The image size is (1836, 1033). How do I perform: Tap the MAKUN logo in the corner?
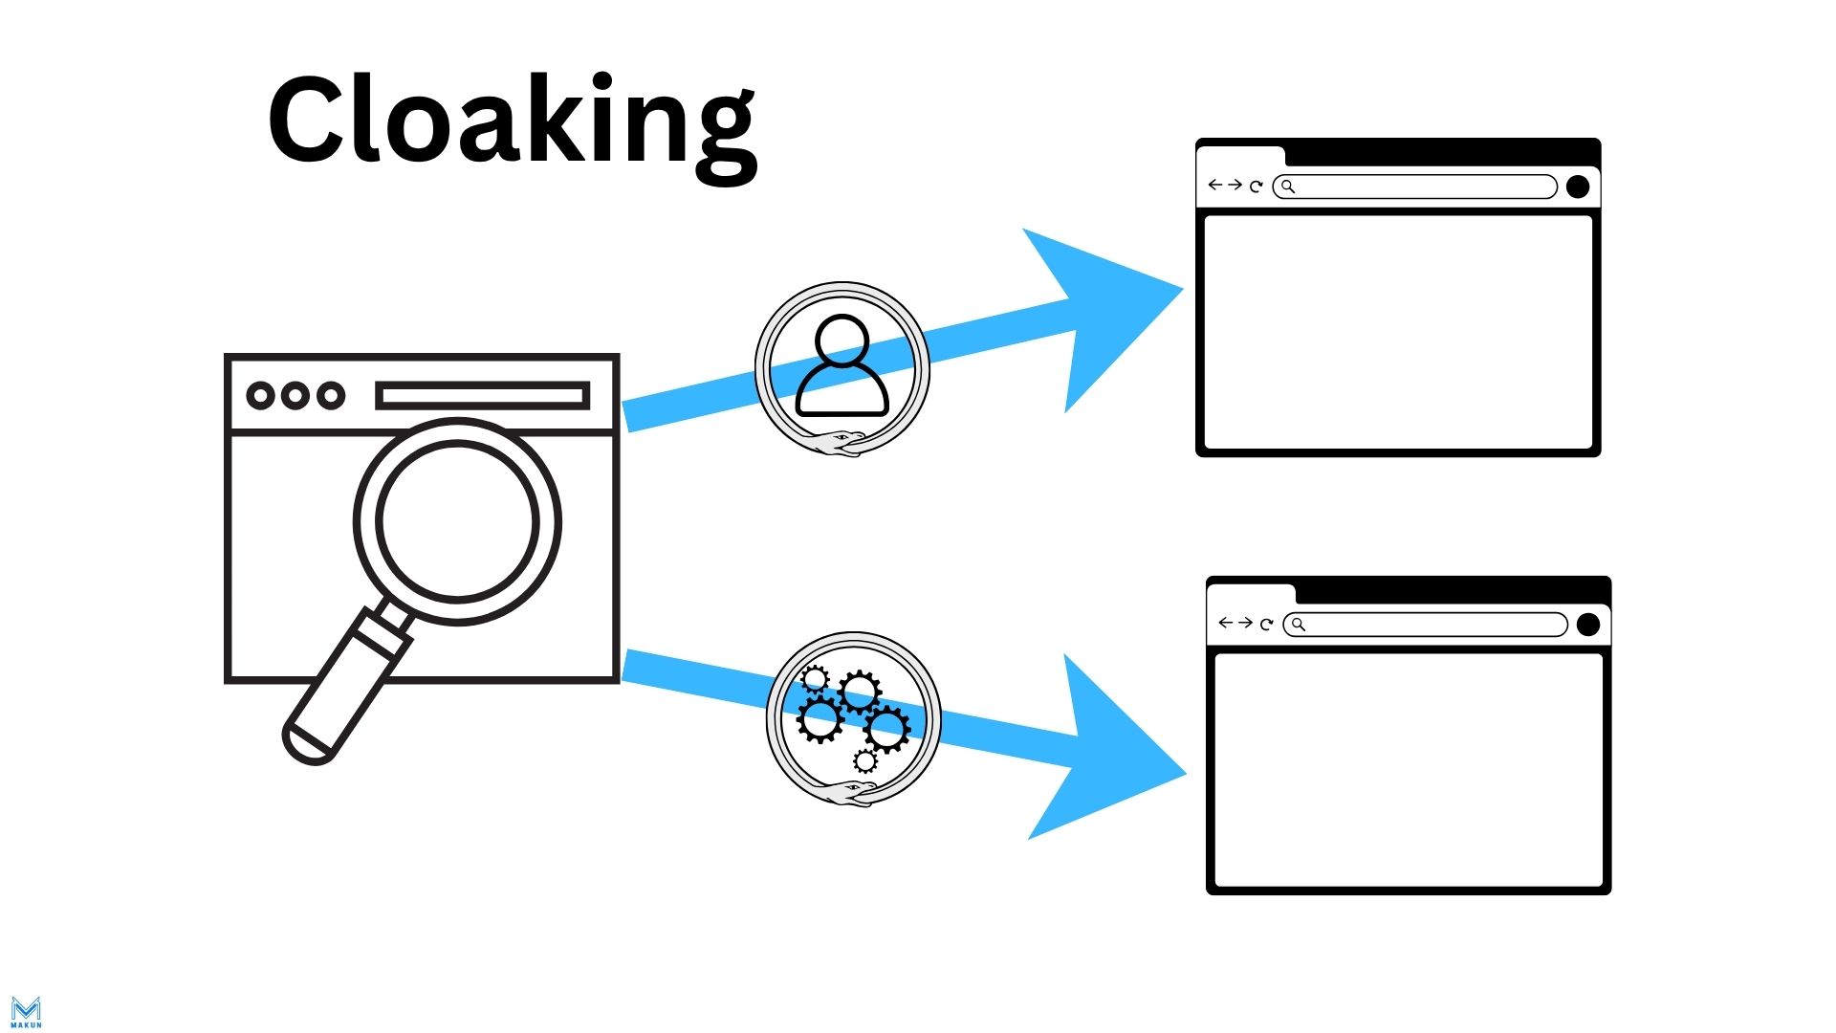pos(26,1011)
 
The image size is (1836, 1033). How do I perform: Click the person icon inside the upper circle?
pos(842,366)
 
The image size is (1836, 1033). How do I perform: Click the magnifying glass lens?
pos(457,521)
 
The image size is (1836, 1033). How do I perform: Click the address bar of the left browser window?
pos(482,395)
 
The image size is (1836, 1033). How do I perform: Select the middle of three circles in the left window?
pos(295,395)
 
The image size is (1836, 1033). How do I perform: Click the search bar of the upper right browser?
pos(1415,187)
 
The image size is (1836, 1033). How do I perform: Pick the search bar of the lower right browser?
pos(1426,625)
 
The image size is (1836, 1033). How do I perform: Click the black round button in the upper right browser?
pos(1578,187)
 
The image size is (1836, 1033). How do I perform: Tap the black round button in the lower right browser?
pos(1588,625)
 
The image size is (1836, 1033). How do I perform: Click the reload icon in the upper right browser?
pos(1257,187)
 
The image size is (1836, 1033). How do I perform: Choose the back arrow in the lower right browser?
pos(1225,623)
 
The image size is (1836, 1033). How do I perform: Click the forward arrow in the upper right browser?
pos(1235,185)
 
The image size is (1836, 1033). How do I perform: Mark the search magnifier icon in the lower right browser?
pos(1298,625)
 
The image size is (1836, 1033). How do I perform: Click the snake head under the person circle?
pos(841,441)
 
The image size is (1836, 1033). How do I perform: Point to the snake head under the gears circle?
pos(856,791)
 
